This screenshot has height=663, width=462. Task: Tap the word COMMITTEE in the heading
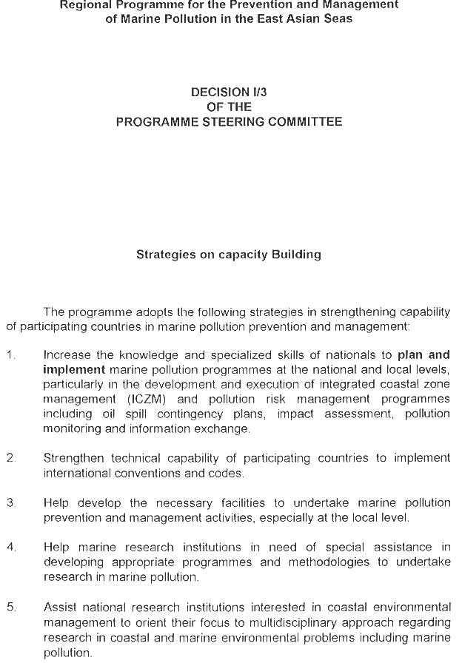tap(302, 121)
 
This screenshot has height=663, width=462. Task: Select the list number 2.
tap(10, 458)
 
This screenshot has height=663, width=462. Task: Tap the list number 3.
tap(10, 502)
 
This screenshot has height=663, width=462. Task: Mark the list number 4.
tap(10, 547)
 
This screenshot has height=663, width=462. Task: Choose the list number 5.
tap(10, 607)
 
